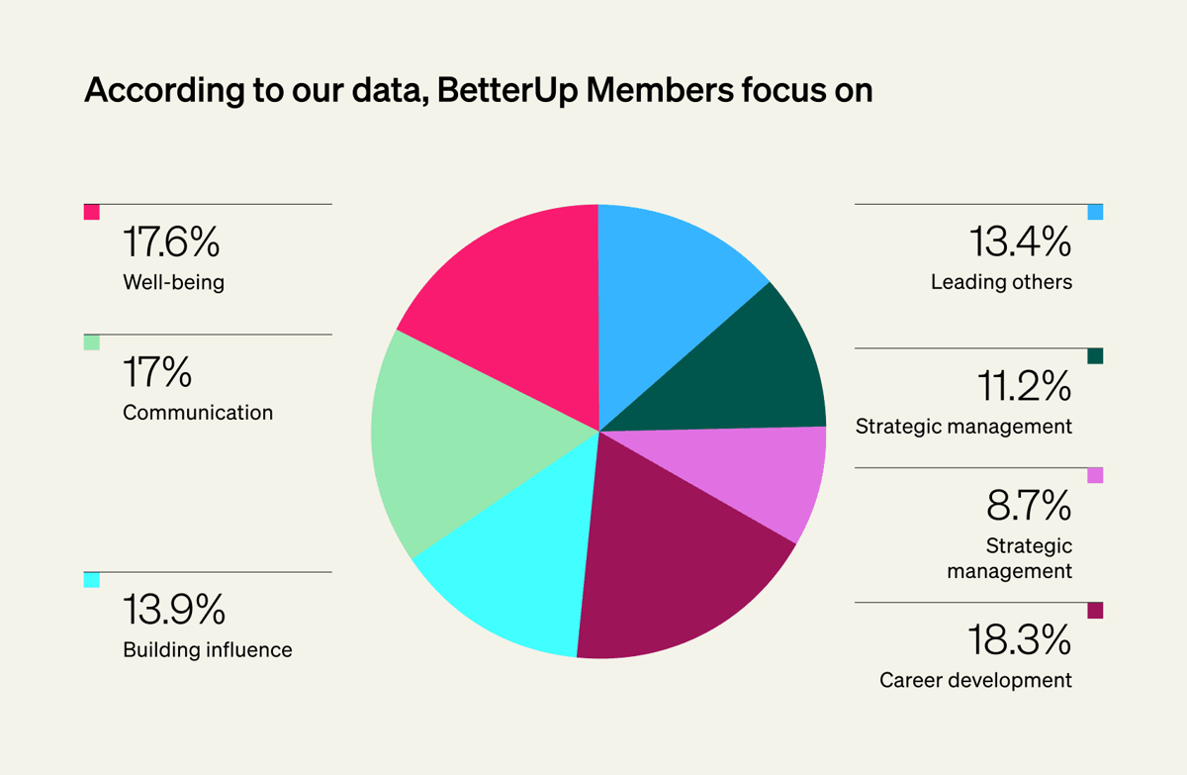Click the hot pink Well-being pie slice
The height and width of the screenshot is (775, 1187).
tap(514, 297)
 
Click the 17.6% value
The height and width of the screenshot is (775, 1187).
tap(170, 242)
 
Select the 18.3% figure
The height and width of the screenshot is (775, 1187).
tap(1019, 641)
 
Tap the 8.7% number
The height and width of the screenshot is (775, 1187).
tap(1029, 507)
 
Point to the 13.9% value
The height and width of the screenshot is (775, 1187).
tap(173, 610)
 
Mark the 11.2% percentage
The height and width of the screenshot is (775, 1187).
tap(1023, 387)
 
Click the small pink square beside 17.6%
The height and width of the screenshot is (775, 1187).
tap(92, 212)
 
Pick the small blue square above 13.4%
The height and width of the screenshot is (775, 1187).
tap(1095, 212)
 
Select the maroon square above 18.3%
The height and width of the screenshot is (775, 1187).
tap(1095, 611)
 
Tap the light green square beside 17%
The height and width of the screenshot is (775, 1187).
tap(92, 342)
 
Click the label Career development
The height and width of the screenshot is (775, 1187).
tap(975, 681)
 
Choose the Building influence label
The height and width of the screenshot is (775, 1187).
tap(208, 650)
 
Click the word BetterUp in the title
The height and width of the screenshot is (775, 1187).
tap(495, 90)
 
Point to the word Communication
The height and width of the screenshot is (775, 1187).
tap(198, 413)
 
